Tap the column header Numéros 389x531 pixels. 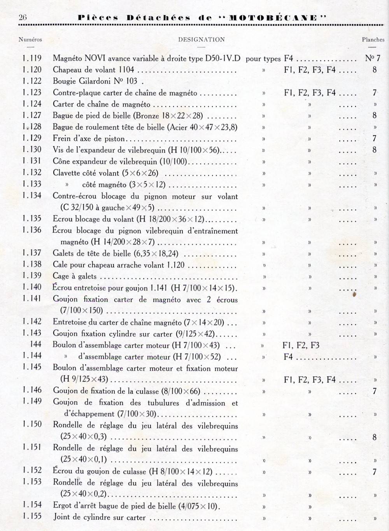pos(30,40)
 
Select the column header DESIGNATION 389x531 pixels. pos(202,40)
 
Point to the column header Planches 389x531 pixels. pos(373,40)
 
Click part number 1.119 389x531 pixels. pos(32,58)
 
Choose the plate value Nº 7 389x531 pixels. pos(372,58)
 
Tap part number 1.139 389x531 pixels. pos(32,276)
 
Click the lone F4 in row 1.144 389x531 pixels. pos(288,356)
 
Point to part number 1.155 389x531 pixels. pos(32,517)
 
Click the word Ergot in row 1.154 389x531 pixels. pos(62,506)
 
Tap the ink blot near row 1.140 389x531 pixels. pos(354,295)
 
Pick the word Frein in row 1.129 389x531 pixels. pos(61,138)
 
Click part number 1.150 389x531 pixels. pos(32,424)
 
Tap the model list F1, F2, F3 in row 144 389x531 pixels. pos(301,345)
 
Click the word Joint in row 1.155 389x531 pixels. pos(61,517)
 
